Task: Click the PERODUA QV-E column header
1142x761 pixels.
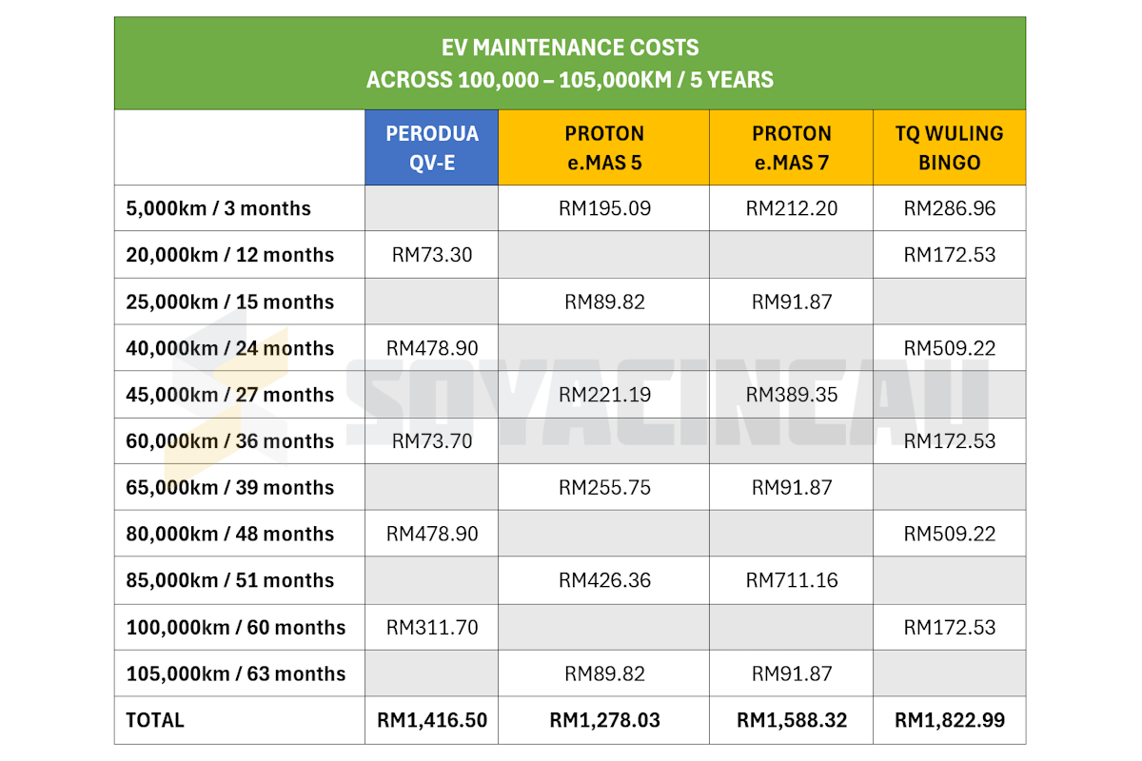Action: pyautogui.click(x=431, y=147)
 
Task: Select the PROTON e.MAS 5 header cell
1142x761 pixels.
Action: pyautogui.click(x=603, y=147)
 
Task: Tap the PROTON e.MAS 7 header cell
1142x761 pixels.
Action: pyautogui.click(x=791, y=147)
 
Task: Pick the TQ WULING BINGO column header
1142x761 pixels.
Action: pyautogui.click(x=949, y=147)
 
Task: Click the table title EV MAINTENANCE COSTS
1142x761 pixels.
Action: pyautogui.click(x=569, y=48)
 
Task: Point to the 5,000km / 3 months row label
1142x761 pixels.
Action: pyautogui.click(x=218, y=208)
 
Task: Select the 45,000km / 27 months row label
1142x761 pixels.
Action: pyautogui.click(x=229, y=395)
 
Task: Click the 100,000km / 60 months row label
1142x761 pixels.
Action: pyautogui.click(x=235, y=628)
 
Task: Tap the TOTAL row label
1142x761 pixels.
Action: pyautogui.click(x=155, y=720)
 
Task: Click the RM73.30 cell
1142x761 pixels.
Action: pyautogui.click(x=431, y=255)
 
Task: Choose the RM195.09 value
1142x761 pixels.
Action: pyautogui.click(x=604, y=208)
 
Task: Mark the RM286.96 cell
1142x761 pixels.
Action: pyautogui.click(x=949, y=208)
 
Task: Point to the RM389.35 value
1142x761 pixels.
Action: pyautogui.click(x=791, y=395)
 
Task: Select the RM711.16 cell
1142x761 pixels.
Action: pyautogui.click(x=791, y=580)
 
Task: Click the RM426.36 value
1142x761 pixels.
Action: pyautogui.click(x=604, y=580)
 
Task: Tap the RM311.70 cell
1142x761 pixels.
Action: pyautogui.click(x=431, y=628)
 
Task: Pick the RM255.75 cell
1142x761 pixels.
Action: pyautogui.click(x=604, y=487)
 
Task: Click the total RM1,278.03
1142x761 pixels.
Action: pyautogui.click(x=604, y=720)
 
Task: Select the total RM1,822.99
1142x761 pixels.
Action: pyautogui.click(x=949, y=720)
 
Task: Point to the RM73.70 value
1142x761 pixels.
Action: pyautogui.click(x=431, y=441)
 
